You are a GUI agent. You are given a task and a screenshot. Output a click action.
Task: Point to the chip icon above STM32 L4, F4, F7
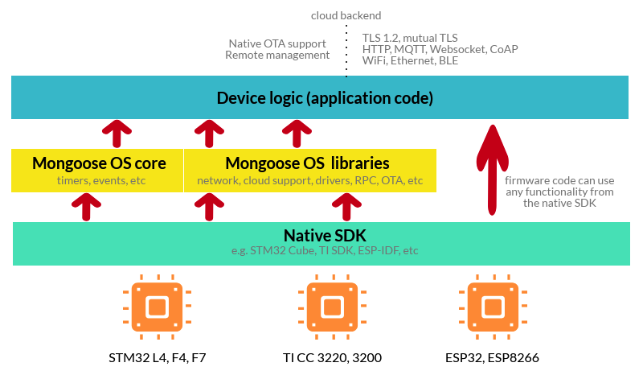(157, 307)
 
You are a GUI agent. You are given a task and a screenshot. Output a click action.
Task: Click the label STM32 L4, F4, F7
(157, 356)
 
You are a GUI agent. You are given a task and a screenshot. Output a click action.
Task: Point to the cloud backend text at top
(346, 15)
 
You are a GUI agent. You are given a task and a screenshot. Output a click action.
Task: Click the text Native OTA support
(277, 43)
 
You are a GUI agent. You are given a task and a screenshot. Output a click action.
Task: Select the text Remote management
(277, 56)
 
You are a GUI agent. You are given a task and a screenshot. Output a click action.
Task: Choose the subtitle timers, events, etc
(98, 180)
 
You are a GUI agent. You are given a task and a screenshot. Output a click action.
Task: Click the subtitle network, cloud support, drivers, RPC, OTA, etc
(310, 180)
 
